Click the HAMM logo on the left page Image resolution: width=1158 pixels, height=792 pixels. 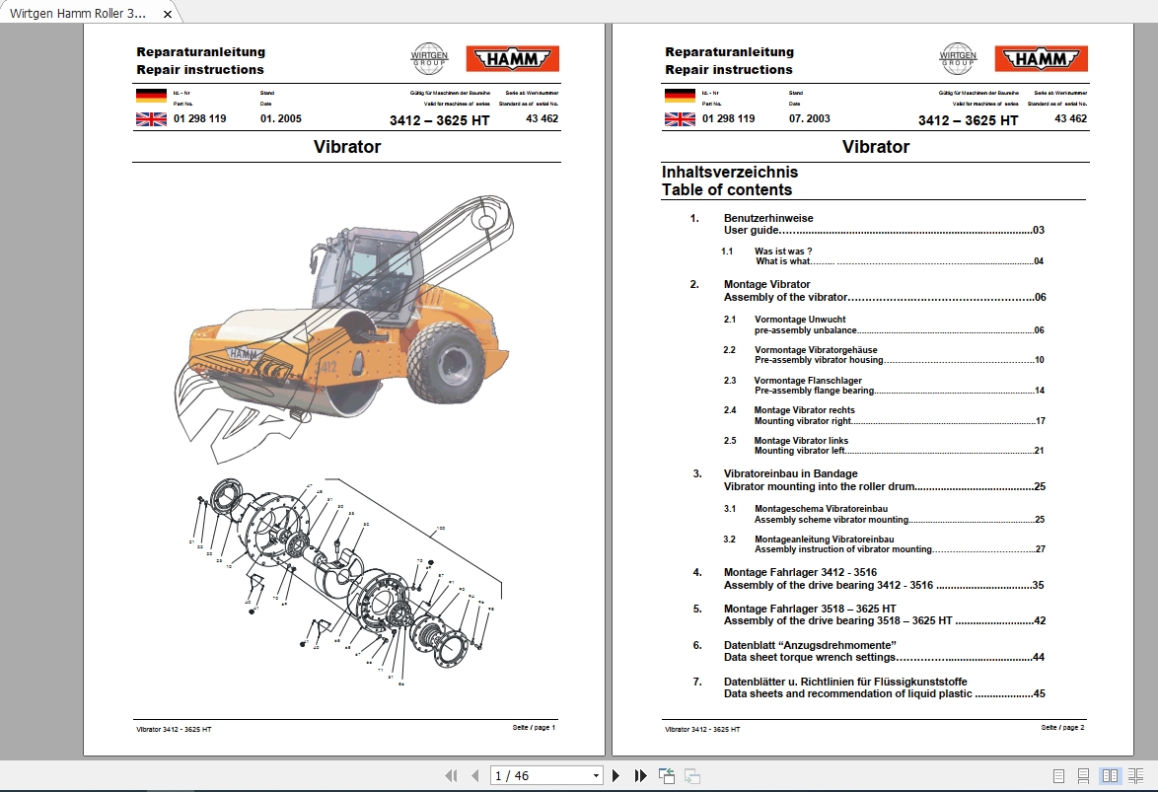[512, 59]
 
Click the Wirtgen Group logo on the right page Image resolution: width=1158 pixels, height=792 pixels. [957, 58]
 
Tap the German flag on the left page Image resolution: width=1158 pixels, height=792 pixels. [151, 96]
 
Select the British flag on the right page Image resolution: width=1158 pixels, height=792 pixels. [680, 119]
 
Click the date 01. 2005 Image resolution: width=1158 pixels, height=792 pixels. [281, 119]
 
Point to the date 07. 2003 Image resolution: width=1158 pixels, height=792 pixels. [810, 118]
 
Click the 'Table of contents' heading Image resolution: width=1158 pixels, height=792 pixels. [726, 189]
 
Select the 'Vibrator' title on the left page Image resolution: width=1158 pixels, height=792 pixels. [347, 147]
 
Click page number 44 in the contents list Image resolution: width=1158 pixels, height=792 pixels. [1039, 657]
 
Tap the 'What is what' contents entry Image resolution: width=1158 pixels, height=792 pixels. [782, 261]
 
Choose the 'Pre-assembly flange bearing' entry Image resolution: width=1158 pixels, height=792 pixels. [814, 391]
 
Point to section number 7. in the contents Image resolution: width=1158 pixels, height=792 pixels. [697, 682]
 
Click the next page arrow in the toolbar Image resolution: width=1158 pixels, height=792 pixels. [616, 776]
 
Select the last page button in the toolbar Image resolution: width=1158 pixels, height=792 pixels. [640, 776]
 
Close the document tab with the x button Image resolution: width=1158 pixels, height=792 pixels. [168, 15]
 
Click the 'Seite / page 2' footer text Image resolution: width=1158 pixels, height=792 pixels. [1062, 728]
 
